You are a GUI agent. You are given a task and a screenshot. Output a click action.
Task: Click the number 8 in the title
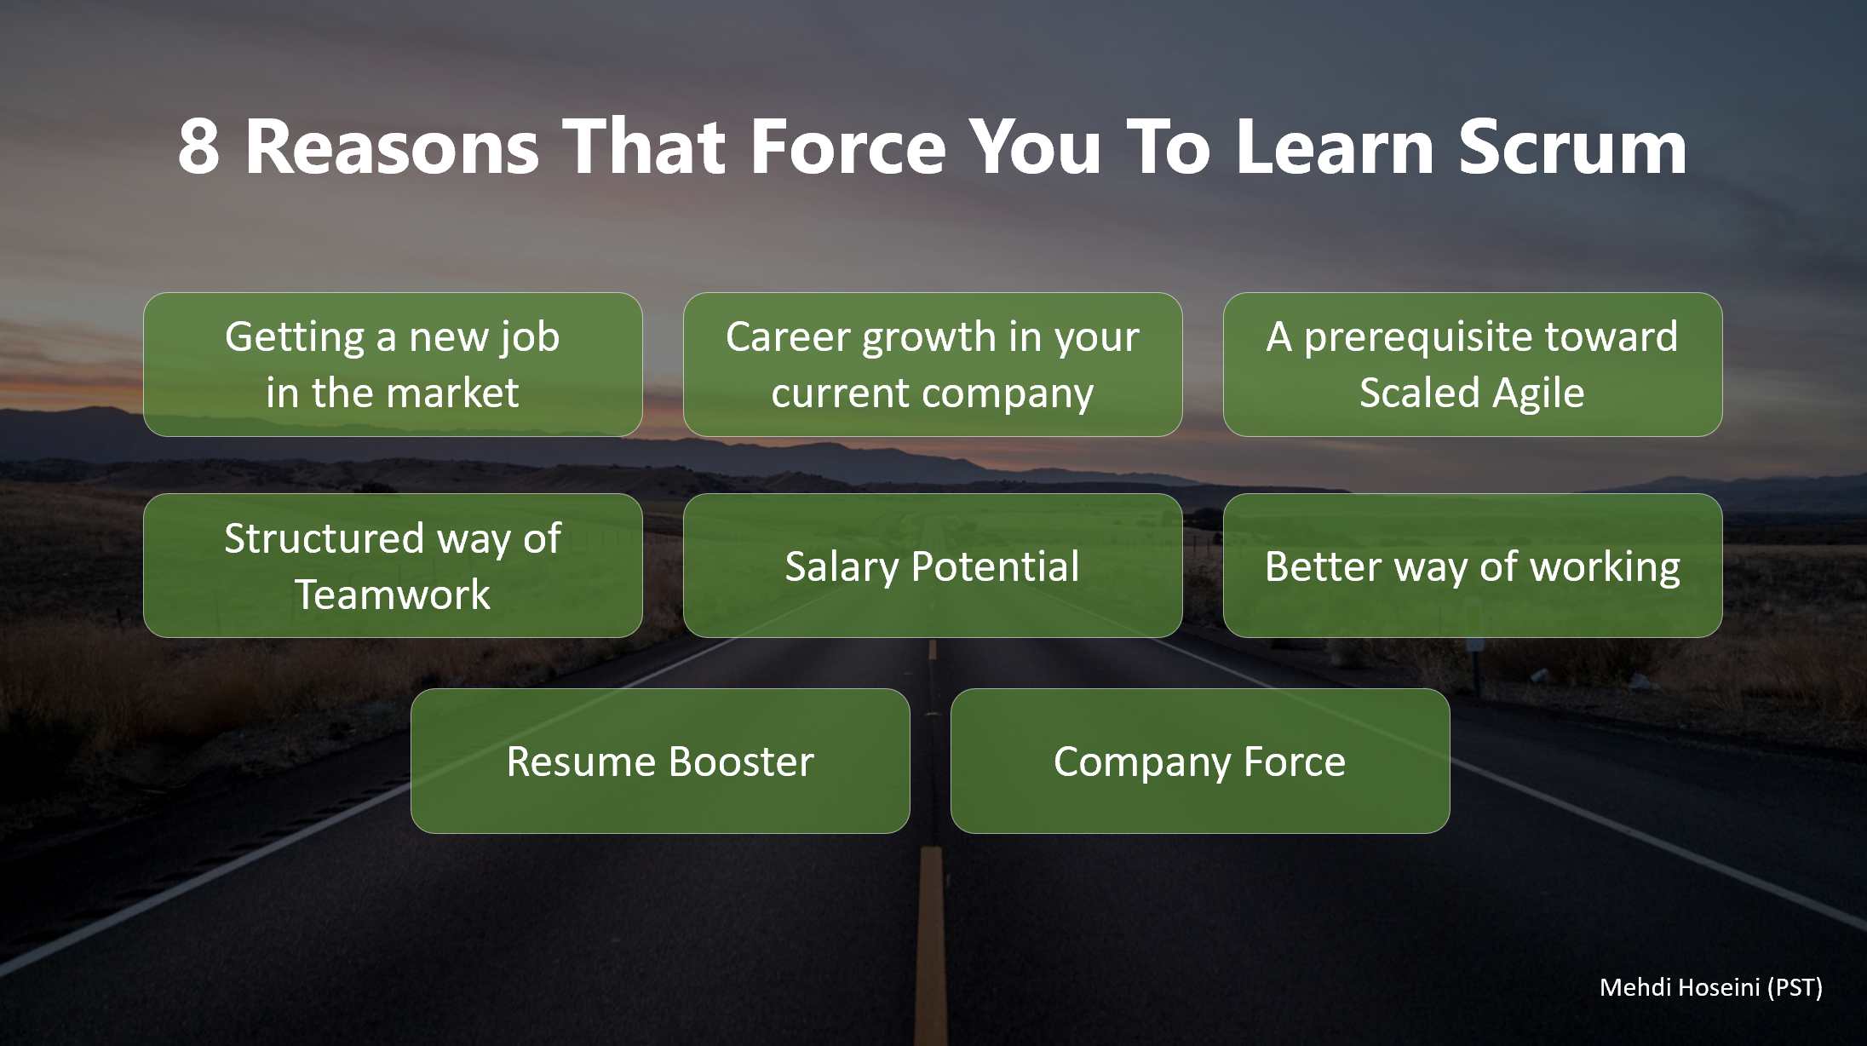(x=199, y=147)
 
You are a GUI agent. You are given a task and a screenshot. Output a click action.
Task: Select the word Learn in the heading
(x=1336, y=147)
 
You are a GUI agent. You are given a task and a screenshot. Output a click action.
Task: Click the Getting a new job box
(x=393, y=365)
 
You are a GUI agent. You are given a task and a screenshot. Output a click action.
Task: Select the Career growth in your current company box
(x=933, y=365)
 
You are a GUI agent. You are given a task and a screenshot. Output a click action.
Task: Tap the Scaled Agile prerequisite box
(x=1473, y=365)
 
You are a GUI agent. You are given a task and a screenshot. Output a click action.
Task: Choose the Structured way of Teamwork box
(x=393, y=566)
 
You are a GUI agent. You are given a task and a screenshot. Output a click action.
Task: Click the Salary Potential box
(x=933, y=566)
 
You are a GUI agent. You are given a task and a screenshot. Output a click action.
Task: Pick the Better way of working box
(x=1473, y=566)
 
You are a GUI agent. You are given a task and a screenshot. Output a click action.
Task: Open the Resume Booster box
(x=660, y=761)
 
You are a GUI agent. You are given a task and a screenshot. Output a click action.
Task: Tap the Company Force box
(x=1200, y=761)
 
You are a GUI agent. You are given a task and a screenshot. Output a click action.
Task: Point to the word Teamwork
(x=393, y=594)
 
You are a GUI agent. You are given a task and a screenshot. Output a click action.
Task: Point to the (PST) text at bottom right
(x=1795, y=987)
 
